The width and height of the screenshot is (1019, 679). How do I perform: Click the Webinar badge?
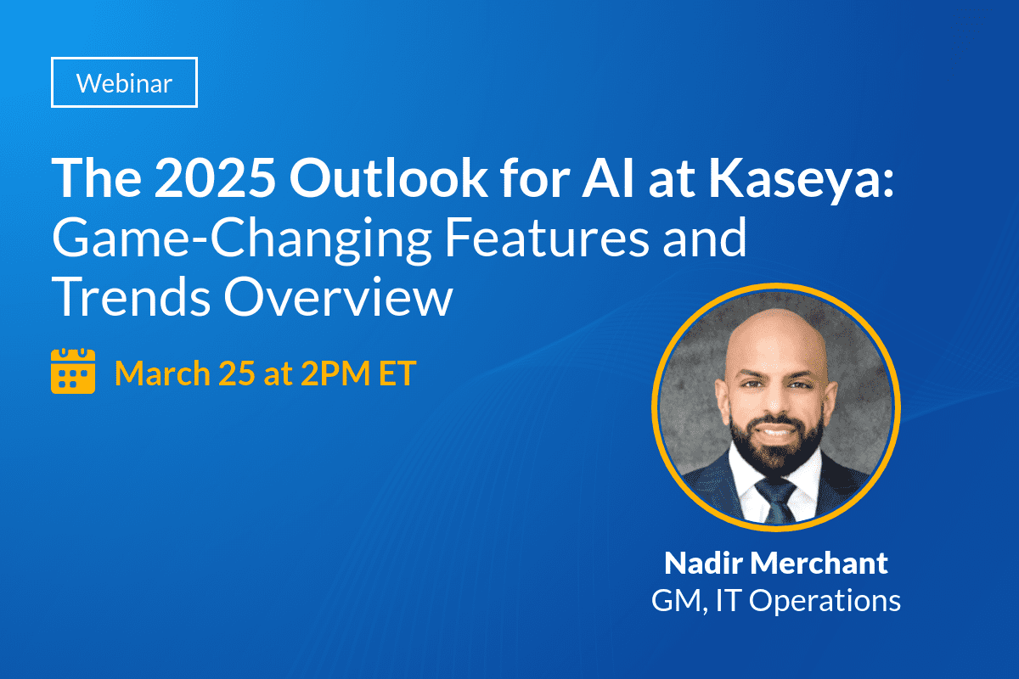[124, 83]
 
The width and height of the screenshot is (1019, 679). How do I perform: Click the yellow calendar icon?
[73, 373]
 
